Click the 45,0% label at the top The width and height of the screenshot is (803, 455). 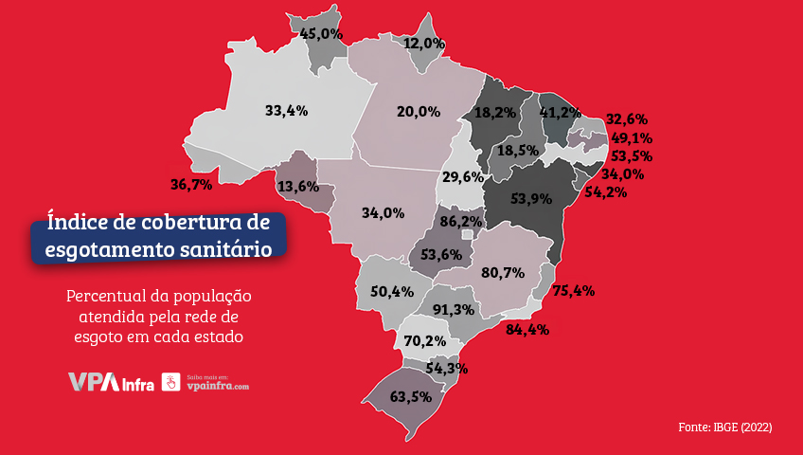[321, 33]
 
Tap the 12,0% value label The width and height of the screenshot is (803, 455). [423, 44]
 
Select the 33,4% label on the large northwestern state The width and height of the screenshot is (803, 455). [286, 111]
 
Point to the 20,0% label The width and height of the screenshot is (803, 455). [419, 112]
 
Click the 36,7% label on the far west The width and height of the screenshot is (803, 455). [191, 183]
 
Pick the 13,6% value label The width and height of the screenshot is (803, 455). [297, 187]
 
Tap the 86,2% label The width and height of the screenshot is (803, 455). [461, 222]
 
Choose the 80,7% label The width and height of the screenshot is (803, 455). [503, 273]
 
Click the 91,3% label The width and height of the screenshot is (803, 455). [453, 310]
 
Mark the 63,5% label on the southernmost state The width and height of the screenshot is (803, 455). [410, 396]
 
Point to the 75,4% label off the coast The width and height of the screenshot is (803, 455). [573, 291]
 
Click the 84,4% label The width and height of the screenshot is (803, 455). [527, 330]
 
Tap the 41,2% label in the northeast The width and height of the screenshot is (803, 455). [560, 112]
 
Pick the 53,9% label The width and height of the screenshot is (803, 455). [531, 198]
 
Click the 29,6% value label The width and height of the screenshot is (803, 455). [464, 176]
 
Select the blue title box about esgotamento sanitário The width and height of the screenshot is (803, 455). [157, 236]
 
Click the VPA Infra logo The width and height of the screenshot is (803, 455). [110, 383]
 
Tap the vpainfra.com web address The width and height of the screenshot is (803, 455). [218, 387]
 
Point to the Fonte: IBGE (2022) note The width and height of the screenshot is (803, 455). [724, 428]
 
